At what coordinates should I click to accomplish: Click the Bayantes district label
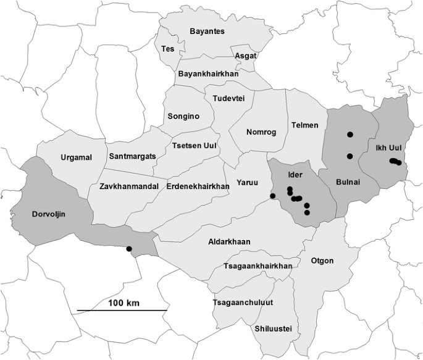tap(207, 31)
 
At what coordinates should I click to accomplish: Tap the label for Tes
tap(167, 48)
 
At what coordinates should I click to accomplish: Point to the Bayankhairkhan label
tap(208, 74)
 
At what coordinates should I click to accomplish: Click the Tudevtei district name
tap(228, 99)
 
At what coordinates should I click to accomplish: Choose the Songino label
tap(183, 115)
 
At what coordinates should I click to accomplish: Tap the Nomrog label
tap(261, 132)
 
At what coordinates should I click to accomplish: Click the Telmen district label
tap(305, 125)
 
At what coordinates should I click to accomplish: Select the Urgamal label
tap(76, 157)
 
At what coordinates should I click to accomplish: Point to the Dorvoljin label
tap(48, 214)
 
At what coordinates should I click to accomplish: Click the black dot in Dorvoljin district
tap(129, 249)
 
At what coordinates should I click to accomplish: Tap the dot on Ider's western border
tap(273, 196)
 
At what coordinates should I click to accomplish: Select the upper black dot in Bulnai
tap(350, 134)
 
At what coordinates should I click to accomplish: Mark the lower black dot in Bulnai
tap(350, 156)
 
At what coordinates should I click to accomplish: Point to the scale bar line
tap(122, 310)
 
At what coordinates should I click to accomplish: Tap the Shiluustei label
tap(273, 328)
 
